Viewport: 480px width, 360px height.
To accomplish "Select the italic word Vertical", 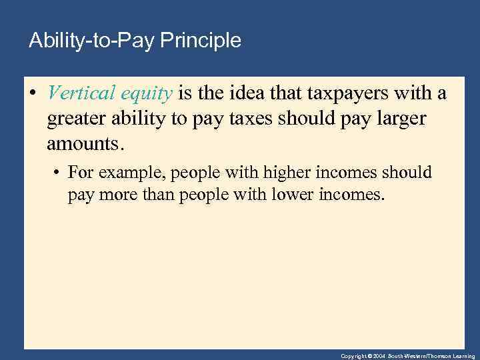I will click(79, 93).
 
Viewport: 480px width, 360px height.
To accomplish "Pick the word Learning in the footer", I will click(463, 357).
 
